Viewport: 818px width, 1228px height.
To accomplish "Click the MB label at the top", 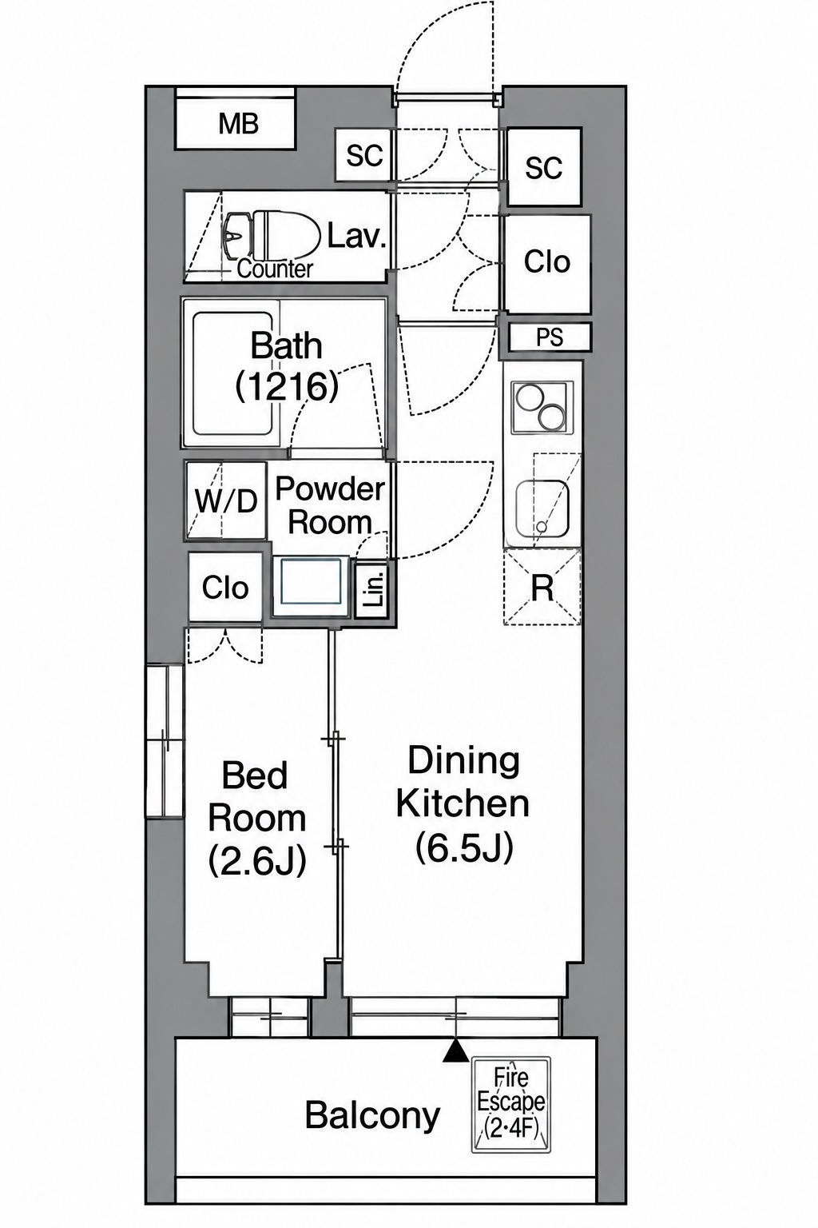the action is [x=238, y=124].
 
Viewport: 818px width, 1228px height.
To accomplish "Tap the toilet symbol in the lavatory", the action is [x=272, y=237].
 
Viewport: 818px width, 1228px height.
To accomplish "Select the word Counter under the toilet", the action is [x=275, y=269].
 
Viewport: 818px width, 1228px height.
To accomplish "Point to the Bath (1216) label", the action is [x=287, y=367].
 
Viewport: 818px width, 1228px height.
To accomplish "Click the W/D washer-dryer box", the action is [x=226, y=500].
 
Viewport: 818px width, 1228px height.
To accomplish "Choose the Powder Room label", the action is [x=330, y=505].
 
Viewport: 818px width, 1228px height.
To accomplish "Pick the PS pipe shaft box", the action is [x=550, y=337].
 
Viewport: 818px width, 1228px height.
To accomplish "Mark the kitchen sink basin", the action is [x=542, y=508].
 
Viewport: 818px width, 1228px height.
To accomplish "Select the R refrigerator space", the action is [x=542, y=587].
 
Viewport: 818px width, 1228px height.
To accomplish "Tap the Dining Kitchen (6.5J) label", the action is [x=463, y=804].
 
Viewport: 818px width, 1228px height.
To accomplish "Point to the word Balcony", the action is [x=372, y=1114].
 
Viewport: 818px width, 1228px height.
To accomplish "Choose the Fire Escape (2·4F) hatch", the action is [x=511, y=1104].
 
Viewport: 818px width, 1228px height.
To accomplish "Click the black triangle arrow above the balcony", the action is [x=455, y=1049].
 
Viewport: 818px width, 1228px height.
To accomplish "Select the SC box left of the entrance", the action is [x=364, y=155].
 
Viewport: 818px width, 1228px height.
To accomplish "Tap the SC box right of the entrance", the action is [x=544, y=166].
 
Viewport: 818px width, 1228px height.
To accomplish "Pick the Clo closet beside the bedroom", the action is [x=225, y=587].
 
